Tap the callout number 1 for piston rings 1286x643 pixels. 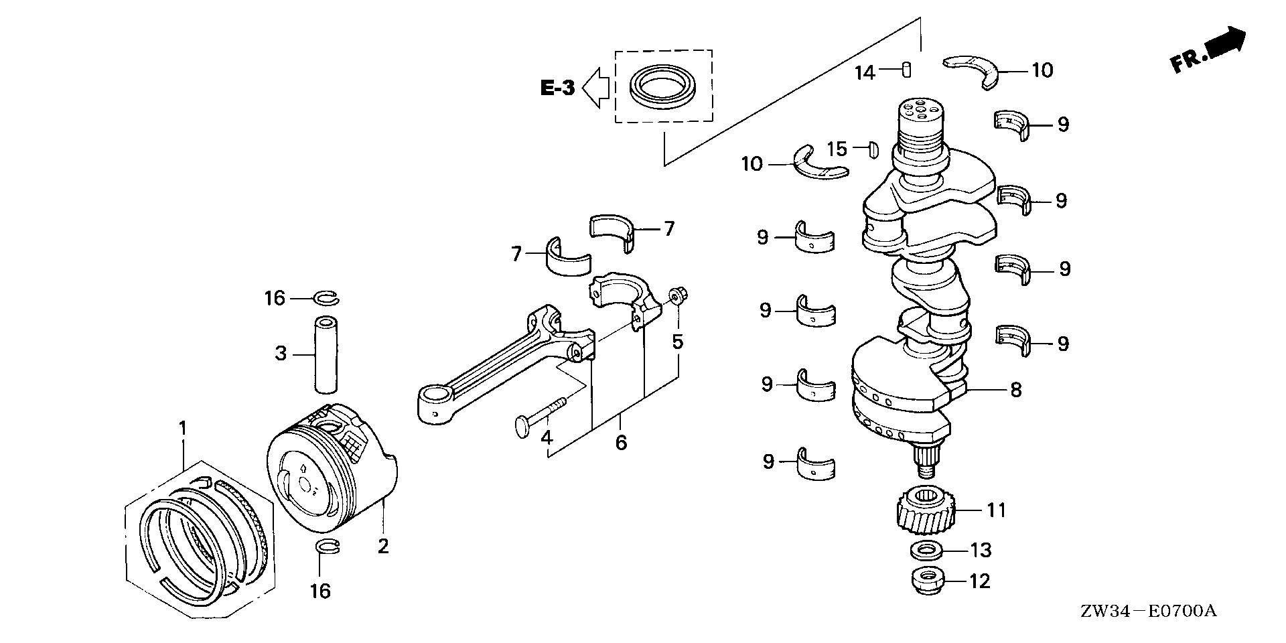coord(182,427)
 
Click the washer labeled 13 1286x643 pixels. coord(927,551)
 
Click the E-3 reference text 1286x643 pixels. coord(558,88)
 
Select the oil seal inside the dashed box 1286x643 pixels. coord(664,86)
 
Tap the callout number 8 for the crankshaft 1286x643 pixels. coord(1015,390)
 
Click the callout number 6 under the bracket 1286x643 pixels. coord(621,442)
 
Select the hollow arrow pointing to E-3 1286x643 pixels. coord(595,87)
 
